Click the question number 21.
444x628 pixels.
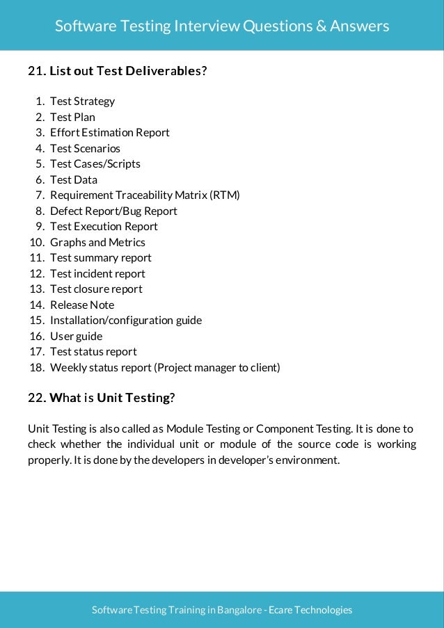pos(36,71)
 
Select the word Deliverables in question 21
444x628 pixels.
pos(165,71)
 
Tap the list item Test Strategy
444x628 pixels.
pos(82,102)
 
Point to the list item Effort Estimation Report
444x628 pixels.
pos(109,133)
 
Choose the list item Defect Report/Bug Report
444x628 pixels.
pos(113,211)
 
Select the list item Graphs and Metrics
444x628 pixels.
pos(97,242)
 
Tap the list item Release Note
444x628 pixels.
pos(82,305)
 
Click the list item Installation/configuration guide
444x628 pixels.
pos(126,321)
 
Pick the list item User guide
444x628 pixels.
pos(76,336)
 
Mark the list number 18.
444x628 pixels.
pos(37,367)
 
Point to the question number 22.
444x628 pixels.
pos(36,398)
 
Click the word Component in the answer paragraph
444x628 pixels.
pos(269,428)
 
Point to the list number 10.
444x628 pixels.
pos(37,242)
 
